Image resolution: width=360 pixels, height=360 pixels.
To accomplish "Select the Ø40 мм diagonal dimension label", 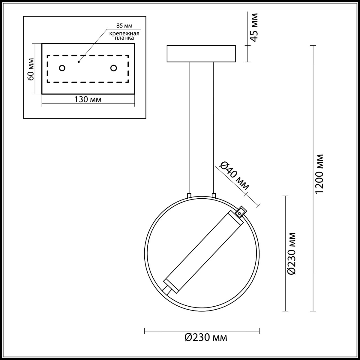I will (234, 176).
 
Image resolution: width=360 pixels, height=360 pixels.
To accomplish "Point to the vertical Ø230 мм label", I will (292, 253).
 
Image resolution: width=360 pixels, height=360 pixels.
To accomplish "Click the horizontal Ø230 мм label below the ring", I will (206, 337).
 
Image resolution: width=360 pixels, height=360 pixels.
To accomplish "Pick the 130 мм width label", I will (88, 100).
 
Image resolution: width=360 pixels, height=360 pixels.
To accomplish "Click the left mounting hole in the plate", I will (62, 68).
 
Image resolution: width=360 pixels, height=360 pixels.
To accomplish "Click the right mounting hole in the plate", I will (113, 68).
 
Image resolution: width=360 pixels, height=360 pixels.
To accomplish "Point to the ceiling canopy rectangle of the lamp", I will (201, 54).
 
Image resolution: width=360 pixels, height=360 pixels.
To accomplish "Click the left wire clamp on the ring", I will (189, 196).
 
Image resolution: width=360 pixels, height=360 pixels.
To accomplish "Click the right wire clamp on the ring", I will (214, 196).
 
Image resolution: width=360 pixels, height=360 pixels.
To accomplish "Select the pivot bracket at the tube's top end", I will (240, 212).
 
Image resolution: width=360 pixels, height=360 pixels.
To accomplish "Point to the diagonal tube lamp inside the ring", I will (203, 252).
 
